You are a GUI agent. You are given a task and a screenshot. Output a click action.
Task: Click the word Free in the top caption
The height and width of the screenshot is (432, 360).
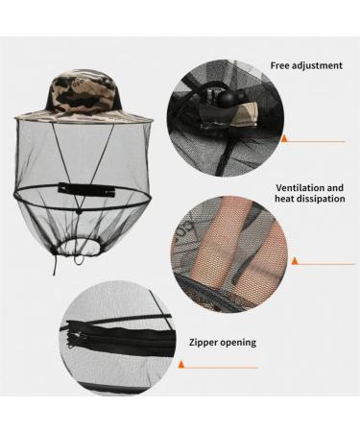(x=280, y=65)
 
